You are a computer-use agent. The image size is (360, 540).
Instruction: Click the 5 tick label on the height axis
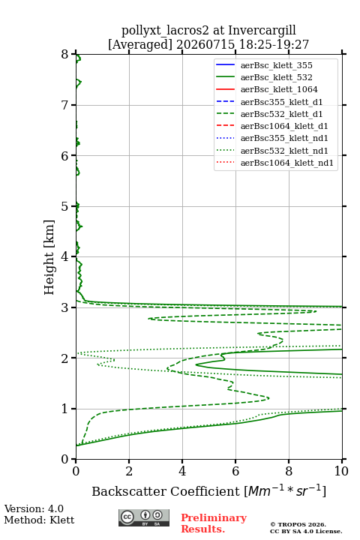click(x=64, y=206)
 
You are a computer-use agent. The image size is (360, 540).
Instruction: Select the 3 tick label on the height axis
click(x=64, y=307)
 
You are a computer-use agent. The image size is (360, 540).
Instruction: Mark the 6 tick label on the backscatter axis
click(x=235, y=471)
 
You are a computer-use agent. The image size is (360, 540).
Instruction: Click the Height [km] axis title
click(x=49, y=257)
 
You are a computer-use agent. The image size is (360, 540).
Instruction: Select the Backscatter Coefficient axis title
click(x=208, y=490)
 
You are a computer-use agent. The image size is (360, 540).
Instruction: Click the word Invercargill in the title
click(x=262, y=30)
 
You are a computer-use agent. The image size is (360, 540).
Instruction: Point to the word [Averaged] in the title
click(x=140, y=44)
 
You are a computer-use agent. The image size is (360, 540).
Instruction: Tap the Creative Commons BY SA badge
click(x=144, y=517)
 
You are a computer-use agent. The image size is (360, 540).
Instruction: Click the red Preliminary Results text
click(x=214, y=523)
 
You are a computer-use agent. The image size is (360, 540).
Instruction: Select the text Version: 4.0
click(x=34, y=508)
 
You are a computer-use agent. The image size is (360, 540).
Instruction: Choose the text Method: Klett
click(x=39, y=520)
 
